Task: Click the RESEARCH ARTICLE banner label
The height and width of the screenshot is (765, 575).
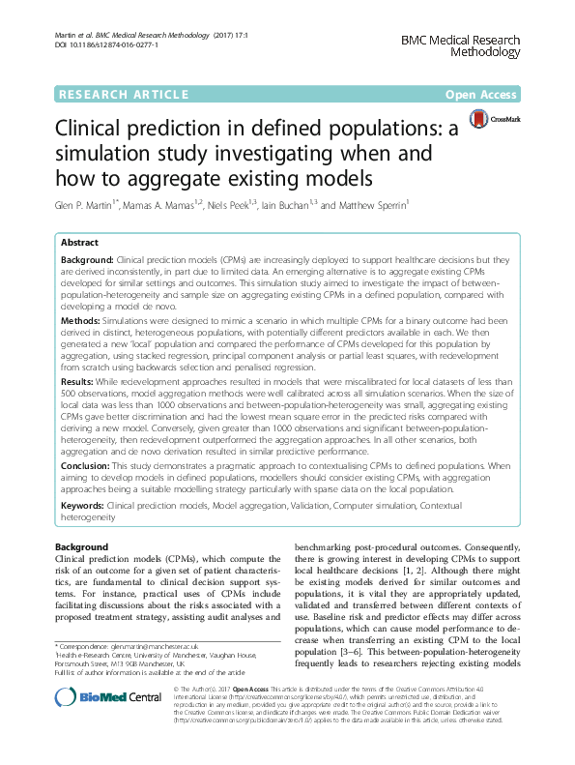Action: pos(122,94)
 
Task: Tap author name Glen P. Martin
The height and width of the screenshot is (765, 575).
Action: pos(87,205)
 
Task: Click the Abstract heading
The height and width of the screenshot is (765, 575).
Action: pos(80,244)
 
